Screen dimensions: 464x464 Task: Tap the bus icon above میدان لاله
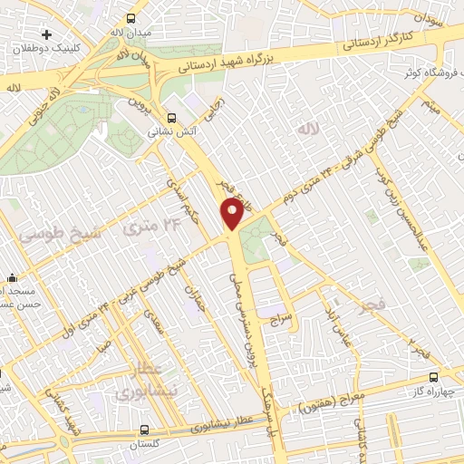pos(132,18)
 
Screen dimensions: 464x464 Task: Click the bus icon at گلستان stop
pos(145,431)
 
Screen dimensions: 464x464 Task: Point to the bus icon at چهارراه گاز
pos(433,376)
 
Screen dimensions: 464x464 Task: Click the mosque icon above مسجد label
pos(12,278)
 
